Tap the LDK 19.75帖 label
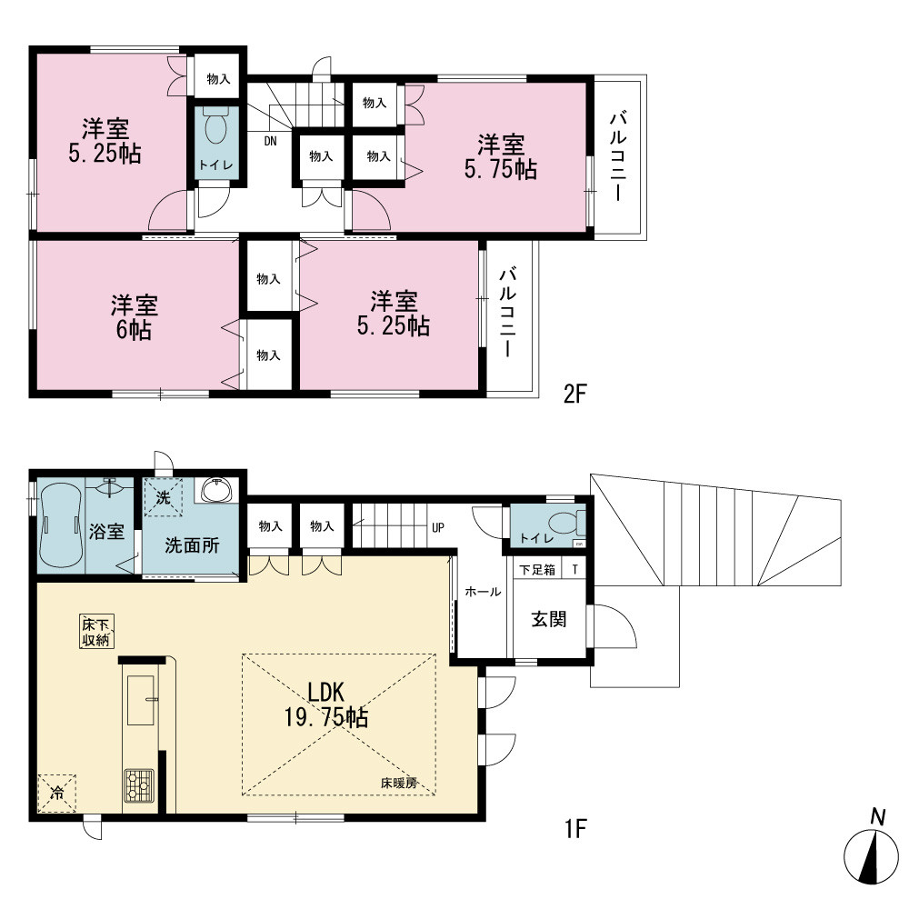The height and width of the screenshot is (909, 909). point(325,705)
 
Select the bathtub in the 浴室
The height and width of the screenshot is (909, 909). point(60,525)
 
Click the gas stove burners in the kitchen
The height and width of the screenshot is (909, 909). point(139,785)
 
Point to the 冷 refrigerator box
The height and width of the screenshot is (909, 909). point(56,793)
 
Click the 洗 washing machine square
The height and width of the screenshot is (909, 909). point(163,497)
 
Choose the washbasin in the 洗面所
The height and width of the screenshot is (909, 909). point(217,490)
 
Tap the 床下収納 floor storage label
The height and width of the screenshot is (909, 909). point(97,632)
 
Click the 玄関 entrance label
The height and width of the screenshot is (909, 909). point(549,619)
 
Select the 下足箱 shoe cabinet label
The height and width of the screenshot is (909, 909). point(537,570)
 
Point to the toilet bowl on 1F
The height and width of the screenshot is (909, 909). point(565,523)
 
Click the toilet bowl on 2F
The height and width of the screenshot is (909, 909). point(215,127)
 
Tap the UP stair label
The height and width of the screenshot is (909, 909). point(438,528)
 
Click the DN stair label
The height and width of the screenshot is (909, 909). point(270,141)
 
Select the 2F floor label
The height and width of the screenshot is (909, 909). point(575,395)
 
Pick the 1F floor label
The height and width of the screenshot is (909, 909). point(575,829)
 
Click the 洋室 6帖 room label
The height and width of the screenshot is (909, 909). point(134,317)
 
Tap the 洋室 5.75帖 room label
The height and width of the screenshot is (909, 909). point(500,157)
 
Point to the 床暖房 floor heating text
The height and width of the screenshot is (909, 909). point(399,784)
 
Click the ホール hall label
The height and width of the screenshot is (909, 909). point(483,592)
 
